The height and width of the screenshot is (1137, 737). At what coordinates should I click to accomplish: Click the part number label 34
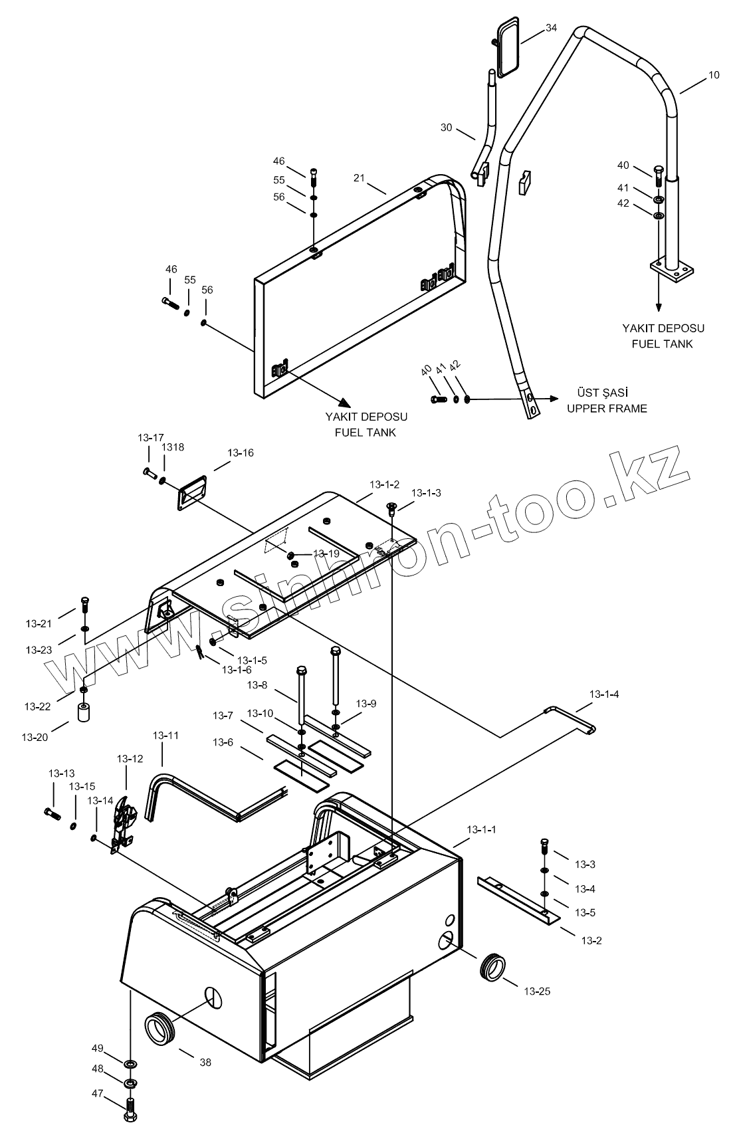pyautogui.click(x=551, y=28)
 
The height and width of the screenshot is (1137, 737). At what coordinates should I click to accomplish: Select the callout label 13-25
pyautogui.click(x=537, y=991)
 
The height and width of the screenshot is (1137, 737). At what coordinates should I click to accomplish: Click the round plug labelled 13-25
pyautogui.click(x=492, y=967)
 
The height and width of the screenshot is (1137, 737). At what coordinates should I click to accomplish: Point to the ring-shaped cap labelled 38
pyautogui.click(x=159, y=1027)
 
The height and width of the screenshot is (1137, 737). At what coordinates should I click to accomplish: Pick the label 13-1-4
pyautogui.click(x=603, y=694)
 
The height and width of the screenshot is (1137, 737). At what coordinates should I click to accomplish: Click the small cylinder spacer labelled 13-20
pyautogui.click(x=84, y=714)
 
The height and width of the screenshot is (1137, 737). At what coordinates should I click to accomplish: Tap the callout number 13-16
pyautogui.click(x=241, y=453)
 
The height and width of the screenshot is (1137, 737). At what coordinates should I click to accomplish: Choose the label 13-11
pyautogui.click(x=165, y=736)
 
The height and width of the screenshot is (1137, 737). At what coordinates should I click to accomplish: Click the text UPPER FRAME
pyautogui.click(x=607, y=408)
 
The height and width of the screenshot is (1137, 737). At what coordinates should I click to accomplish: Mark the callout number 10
pyautogui.click(x=713, y=75)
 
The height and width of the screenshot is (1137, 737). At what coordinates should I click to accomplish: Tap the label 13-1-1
pyautogui.click(x=481, y=829)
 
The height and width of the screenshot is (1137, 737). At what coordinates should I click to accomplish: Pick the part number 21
pyautogui.click(x=359, y=177)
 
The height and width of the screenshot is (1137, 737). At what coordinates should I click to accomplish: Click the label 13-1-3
pyautogui.click(x=426, y=493)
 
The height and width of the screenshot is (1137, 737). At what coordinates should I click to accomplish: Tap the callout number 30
pyautogui.click(x=446, y=127)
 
